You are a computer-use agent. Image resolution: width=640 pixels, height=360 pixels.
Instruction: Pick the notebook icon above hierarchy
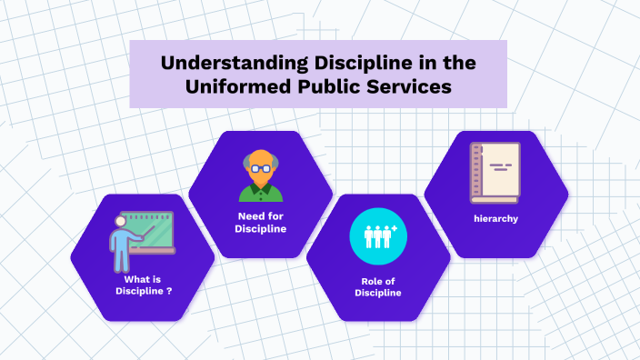495,173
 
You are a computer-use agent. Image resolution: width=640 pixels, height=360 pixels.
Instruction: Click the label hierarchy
495,218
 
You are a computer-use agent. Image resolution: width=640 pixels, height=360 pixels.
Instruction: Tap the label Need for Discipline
261,223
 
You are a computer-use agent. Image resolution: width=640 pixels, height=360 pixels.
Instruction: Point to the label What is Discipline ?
144,285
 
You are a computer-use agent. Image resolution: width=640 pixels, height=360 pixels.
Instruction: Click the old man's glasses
261,169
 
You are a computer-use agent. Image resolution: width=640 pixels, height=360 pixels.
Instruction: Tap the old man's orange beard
261,181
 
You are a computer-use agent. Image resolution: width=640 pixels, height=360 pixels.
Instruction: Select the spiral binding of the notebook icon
475,173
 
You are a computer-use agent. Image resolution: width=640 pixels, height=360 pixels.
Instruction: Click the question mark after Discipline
169,290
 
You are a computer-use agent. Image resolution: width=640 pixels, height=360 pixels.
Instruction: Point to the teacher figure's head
120,222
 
